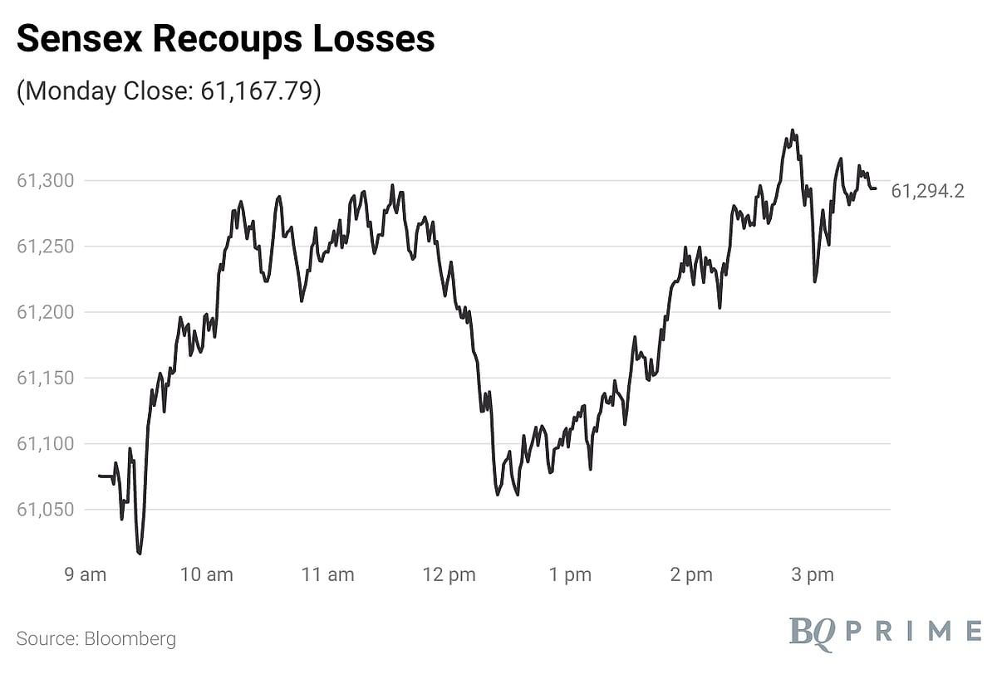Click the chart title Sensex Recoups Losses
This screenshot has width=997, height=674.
click(x=225, y=39)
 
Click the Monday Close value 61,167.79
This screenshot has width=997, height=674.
click(x=260, y=90)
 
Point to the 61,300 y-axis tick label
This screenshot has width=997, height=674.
click(x=46, y=180)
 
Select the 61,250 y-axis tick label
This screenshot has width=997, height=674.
click(x=46, y=247)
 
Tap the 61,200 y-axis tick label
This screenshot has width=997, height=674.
click(x=46, y=312)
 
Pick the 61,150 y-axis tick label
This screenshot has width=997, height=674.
click(x=46, y=379)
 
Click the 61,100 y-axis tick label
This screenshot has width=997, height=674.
click(x=46, y=444)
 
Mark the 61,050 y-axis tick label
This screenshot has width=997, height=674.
click(x=46, y=510)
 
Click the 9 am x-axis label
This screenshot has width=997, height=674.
click(x=85, y=575)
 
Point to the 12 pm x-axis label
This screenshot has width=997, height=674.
click(x=449, y=575)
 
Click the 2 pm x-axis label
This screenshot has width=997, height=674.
click(x=691, y=575)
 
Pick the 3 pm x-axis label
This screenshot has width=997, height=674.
click(x=813, y=575)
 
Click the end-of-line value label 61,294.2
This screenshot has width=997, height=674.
click(x=927, y=192)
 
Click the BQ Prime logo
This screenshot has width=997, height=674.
click(x=884, y=631)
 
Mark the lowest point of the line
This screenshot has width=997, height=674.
click(x=140, y=553)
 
